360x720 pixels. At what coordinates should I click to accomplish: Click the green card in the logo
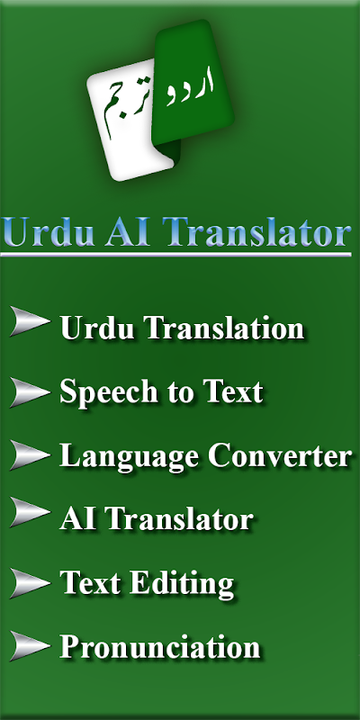(x=192, y=83)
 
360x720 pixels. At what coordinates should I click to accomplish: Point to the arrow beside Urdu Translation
(x=30, y=320)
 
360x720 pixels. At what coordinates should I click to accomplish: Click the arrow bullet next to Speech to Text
(x=30, y=392)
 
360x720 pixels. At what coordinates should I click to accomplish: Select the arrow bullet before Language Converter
(x=30, y=454)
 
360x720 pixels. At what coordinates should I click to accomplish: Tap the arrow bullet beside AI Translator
(x=30, y=512)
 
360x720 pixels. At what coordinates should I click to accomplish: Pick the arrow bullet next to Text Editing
(x=30, y=582)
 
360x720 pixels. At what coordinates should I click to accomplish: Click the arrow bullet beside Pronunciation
(x=30, y=645)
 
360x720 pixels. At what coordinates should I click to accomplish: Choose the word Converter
(x=280, y=456)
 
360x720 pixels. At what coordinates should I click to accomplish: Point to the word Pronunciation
(x=160, y=647)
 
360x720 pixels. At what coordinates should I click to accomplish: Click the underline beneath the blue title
(x=175, y=254)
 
